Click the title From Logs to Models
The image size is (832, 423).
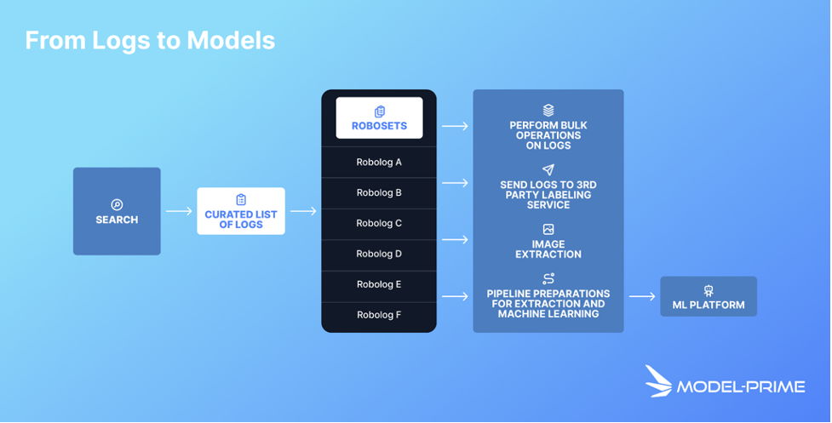click(150, 40)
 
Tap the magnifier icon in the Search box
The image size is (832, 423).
click(117, 204)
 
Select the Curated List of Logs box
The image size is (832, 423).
click(241, 211)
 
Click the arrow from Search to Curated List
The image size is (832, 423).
click(179, 211)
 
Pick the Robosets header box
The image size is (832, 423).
click(379, 118)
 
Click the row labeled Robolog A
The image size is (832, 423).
click(379, 162)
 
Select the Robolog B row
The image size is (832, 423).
click(379, 192)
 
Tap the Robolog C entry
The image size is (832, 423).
click(379, 223)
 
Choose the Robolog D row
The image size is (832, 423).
click(379, 254)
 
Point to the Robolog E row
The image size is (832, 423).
click(379, 284)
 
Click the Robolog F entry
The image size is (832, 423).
click(379, 315)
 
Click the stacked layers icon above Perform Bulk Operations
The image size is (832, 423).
click(548, 111)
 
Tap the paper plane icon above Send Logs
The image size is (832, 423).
click(548, 170)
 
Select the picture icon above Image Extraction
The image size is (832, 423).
click(548, 230)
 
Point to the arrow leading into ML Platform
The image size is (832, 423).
click(642, 296)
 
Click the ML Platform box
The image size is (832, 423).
click(709, 296)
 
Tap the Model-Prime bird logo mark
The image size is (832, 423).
click(658, 381)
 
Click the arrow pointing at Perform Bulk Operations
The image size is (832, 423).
click(456, 126)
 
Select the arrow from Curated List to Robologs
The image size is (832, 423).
click(303, 211)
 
